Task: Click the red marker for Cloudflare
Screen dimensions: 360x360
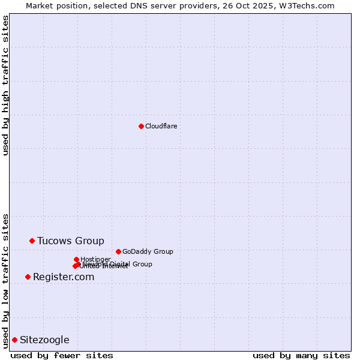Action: [x=141, y=126]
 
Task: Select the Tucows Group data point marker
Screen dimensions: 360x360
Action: [x=32, y=241]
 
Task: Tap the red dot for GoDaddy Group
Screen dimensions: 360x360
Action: [x=118, y=251]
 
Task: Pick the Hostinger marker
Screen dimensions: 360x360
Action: [x=76, y=259]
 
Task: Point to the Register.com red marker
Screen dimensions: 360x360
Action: [x=28, y=277]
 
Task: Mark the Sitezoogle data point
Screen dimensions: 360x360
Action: [x=14, y=340]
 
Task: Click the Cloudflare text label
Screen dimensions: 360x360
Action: [x=161, y=126]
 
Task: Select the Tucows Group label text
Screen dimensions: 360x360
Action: [x=71, y=241]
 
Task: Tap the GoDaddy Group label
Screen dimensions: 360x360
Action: [x=148, y=251]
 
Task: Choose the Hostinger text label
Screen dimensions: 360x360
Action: [x=96, y=259]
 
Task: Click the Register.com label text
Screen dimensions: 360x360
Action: [x=64, y=277]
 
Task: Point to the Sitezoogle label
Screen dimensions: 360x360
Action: [x=44, y=340]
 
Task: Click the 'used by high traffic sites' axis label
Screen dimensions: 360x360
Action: [x=5, y=85]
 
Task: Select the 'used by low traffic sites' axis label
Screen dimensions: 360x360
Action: [x=5, y=280]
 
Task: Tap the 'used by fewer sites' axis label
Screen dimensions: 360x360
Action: [x=62, y=355]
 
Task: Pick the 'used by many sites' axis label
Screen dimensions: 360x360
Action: [x=301, y=355]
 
